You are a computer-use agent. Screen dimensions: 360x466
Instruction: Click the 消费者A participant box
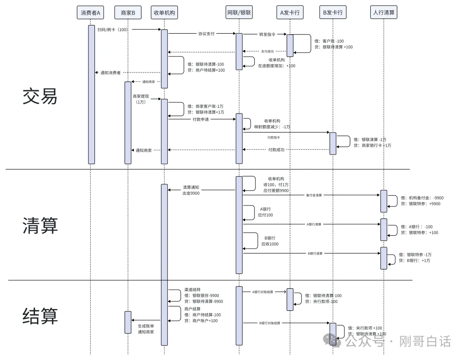90,13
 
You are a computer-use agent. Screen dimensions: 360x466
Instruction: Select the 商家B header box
127,13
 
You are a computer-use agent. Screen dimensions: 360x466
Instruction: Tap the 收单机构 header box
164,13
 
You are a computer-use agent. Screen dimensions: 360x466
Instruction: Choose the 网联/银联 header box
239,13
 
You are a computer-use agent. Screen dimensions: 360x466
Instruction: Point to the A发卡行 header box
290,13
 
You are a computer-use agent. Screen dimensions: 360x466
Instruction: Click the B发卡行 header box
333,13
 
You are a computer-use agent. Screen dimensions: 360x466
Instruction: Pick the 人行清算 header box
384,13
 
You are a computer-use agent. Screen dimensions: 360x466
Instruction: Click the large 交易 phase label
40,97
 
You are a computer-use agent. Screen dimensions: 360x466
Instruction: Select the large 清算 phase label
40,225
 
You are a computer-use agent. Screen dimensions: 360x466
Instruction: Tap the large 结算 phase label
40,316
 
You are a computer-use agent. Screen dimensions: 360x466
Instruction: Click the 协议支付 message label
206,34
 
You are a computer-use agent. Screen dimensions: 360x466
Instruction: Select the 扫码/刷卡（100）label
112,29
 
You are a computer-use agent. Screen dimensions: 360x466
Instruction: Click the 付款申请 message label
201,119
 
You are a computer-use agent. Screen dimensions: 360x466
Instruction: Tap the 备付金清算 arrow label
314,196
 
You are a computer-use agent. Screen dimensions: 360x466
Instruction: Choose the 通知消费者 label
110,73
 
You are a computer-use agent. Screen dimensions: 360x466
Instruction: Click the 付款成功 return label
276,150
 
